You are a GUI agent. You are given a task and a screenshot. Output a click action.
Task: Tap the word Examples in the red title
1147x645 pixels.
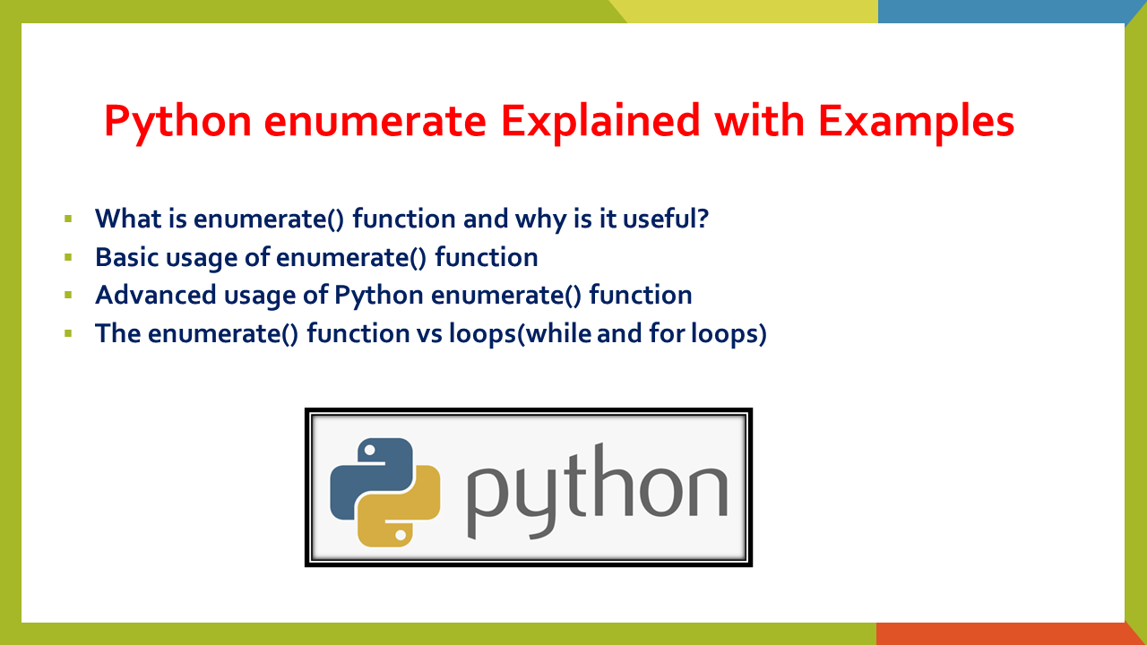pyautogui.click(x=915, y=120)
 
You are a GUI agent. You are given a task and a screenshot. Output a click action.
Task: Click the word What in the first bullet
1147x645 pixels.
pyautogui.click(x=130, y=219)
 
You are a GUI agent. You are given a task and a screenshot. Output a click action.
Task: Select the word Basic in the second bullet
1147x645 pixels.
pyautogui.click(x=126, y=257)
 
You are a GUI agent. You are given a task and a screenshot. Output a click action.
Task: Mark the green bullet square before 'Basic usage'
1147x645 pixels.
pyautogui.click(x=68, y=257)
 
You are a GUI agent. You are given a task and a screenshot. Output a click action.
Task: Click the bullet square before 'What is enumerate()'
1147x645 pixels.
pyautogui.click(x=68, y=219)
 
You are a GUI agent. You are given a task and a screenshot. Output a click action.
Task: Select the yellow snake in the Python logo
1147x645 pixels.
pyautogui.click(x=403, y=511)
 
